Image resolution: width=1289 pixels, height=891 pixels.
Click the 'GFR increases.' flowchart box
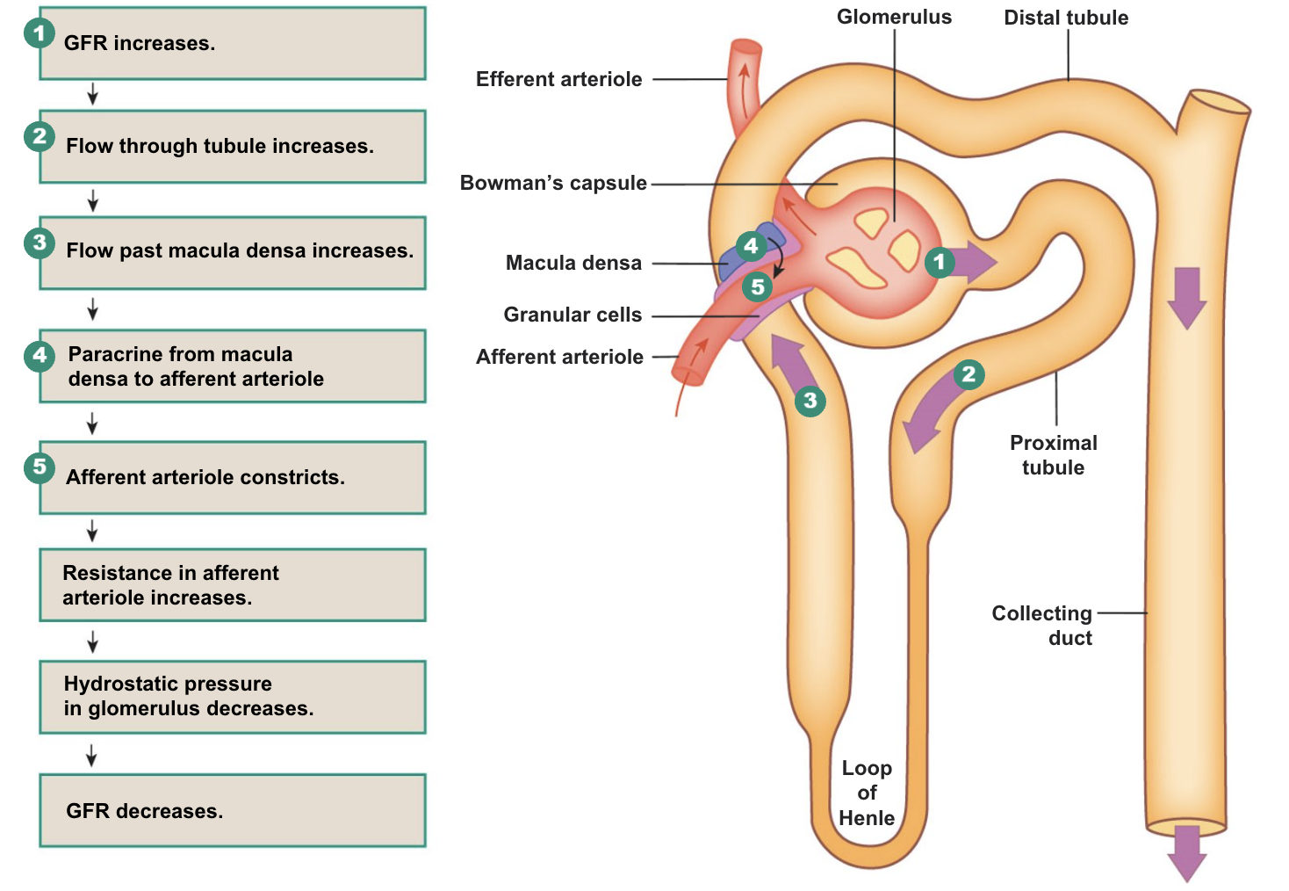[233, 44]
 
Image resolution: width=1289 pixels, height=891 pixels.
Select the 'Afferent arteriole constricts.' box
[233, 478]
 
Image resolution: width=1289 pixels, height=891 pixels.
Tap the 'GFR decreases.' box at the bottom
[233, 810]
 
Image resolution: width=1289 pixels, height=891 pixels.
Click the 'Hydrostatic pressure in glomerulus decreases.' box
[233, 697]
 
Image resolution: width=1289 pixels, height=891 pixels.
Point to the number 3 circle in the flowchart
[40, 243]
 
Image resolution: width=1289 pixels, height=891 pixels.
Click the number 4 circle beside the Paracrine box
[40, 356]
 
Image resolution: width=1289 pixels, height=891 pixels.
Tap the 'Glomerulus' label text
[893, 17]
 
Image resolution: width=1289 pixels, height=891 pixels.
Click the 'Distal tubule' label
[1066, 18]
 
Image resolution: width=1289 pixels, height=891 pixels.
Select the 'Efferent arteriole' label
[558, 79]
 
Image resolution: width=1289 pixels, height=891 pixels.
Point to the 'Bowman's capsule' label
[553, 183]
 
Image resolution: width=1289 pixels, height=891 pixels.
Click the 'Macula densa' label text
[573, 263]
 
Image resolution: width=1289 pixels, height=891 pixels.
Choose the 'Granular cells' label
[572, 315]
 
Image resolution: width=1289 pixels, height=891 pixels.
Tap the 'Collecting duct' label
[1042, 626]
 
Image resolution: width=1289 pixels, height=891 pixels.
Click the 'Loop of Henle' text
[867, 793]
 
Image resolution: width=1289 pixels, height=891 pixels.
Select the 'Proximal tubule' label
[1053, 455]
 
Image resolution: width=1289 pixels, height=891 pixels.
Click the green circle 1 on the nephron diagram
[940, 262]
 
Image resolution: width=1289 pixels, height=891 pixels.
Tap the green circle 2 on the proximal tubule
[969, 374]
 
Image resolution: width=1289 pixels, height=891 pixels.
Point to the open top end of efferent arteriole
[746, 47]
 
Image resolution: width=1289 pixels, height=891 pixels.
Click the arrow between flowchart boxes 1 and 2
[92, 95]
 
